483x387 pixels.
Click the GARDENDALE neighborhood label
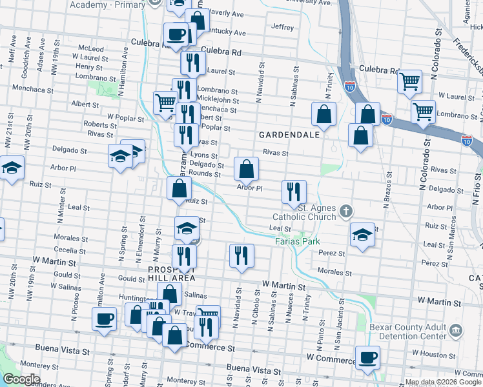[289, 135]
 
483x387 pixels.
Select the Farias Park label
[298, 241]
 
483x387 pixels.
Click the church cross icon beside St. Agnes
[346, 211]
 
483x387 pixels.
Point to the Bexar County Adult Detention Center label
[408, 332]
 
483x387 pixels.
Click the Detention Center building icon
[456, 331]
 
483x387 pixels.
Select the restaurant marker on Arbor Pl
[294, 191]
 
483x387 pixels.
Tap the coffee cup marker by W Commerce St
[367, 357]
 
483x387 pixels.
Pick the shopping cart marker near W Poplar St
[165, 102]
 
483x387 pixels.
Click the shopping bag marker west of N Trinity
[324, 114]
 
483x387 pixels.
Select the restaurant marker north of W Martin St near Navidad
[241, 255]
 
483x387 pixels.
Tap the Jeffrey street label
[283, 27]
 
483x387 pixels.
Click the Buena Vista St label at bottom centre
[253, 372]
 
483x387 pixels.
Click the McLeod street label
[90, 48]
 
